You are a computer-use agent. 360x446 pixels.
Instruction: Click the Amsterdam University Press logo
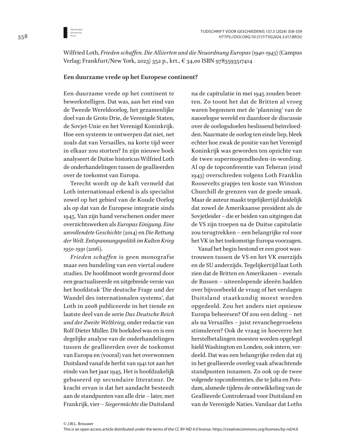coord(66,32)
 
